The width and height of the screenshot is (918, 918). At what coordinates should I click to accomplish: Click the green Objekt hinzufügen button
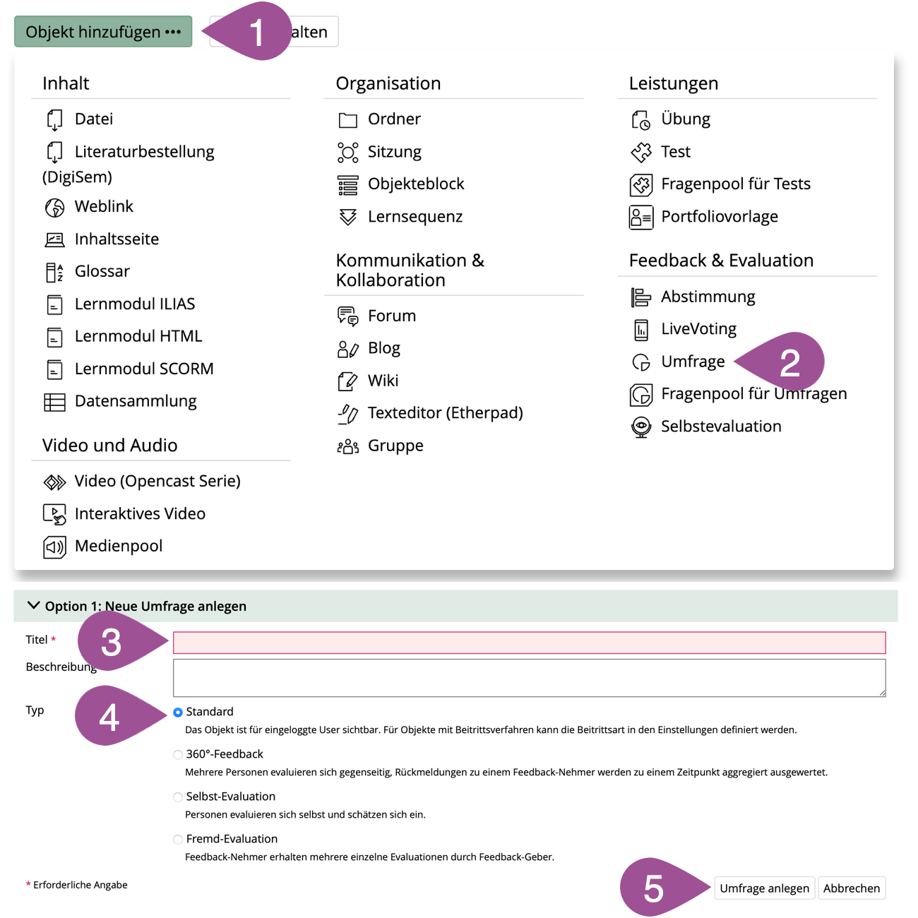click(x=103, y=32)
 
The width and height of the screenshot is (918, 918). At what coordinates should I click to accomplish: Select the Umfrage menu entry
click(x=692, y=362)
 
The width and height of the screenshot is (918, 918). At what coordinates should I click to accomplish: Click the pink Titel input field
click(x=529, y=643)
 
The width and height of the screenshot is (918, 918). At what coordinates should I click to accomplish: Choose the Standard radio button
click(x=178, y=713)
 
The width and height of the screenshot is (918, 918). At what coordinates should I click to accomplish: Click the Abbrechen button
click(x=851, y=888)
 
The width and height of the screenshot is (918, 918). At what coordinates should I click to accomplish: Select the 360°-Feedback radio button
click(x=178, y=755)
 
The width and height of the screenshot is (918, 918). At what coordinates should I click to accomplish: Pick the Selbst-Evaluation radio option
click(x=178, y=797)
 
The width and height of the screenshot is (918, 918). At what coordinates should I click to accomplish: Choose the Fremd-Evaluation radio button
click(x=178, y=840)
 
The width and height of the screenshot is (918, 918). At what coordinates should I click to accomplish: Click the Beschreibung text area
click(x=529, y=678)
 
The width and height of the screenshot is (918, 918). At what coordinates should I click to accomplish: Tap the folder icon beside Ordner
click(x=347, y=120)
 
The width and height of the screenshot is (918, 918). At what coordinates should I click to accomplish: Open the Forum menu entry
click(x=391, y=316)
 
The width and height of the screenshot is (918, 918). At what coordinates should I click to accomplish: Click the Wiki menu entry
click(x=383, y=381)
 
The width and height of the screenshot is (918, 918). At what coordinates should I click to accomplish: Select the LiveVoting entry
click(x=698, y=329)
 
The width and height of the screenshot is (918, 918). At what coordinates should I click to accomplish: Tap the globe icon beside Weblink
click(x=54, y=208)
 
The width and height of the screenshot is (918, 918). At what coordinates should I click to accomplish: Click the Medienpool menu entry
click(x=118, y=546)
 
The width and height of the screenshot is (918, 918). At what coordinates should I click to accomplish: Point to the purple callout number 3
click(x=111, y=643)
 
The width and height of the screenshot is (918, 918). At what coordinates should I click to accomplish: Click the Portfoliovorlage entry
click(x=719, y=217)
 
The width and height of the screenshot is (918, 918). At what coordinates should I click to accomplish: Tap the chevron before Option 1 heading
click(x=33, y=606)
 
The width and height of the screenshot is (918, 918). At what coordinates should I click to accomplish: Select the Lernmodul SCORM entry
click(x=143, y=369)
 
